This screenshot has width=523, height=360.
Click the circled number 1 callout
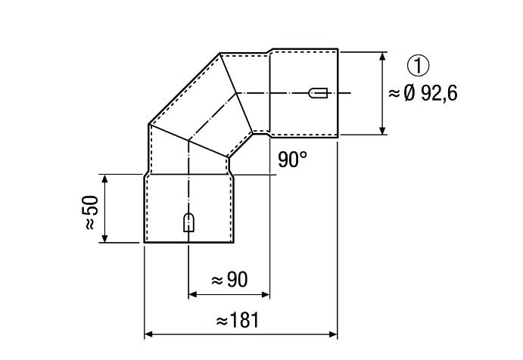418,66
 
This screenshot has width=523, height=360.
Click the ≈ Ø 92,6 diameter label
422,93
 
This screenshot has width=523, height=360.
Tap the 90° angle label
292,159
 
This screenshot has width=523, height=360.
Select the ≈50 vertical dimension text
90,213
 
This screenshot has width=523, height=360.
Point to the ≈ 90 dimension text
229,279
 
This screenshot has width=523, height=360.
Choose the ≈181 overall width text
237,321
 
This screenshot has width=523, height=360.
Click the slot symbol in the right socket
318,93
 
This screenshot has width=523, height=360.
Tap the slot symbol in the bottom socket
189,222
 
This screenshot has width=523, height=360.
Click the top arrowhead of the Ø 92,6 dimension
382,56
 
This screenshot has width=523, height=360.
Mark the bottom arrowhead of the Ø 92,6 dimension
382,131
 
